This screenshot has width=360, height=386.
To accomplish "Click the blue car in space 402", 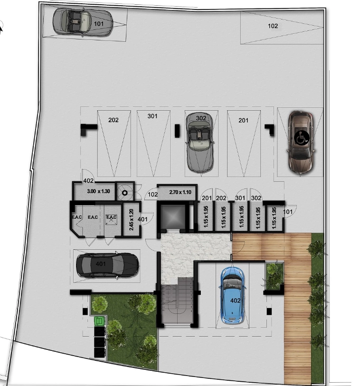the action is click(232, 295).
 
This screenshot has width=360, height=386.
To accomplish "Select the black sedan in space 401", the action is click(107, 265).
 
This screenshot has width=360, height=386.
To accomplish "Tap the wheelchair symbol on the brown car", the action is click(302, 138).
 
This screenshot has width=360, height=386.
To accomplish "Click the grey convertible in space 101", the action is click(83, 22).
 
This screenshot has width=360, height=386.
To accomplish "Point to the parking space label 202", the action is click(113, 120).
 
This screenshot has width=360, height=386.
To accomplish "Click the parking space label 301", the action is click(152, 116).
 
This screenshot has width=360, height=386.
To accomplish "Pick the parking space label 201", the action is click(243, 121).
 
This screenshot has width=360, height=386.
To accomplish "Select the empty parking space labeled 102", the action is click(282, 28).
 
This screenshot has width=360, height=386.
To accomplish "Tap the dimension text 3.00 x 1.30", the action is click(98, 191).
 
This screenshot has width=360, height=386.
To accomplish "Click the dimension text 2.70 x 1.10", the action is click(180, 192).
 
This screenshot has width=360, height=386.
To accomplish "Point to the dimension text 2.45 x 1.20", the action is click(131, 219).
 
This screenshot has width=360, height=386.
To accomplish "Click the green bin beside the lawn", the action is click(99, 321).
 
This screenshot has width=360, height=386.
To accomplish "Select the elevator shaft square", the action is click(172, 217).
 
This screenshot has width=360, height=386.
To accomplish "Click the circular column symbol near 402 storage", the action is click(125, 193).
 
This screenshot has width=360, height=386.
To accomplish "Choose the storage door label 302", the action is click(256, 198).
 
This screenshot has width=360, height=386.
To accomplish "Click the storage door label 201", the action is click(207, 198).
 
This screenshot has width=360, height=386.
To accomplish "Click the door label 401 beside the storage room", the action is click(142, 219).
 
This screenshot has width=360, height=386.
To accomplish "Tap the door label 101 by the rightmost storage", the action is click(288, 212).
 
